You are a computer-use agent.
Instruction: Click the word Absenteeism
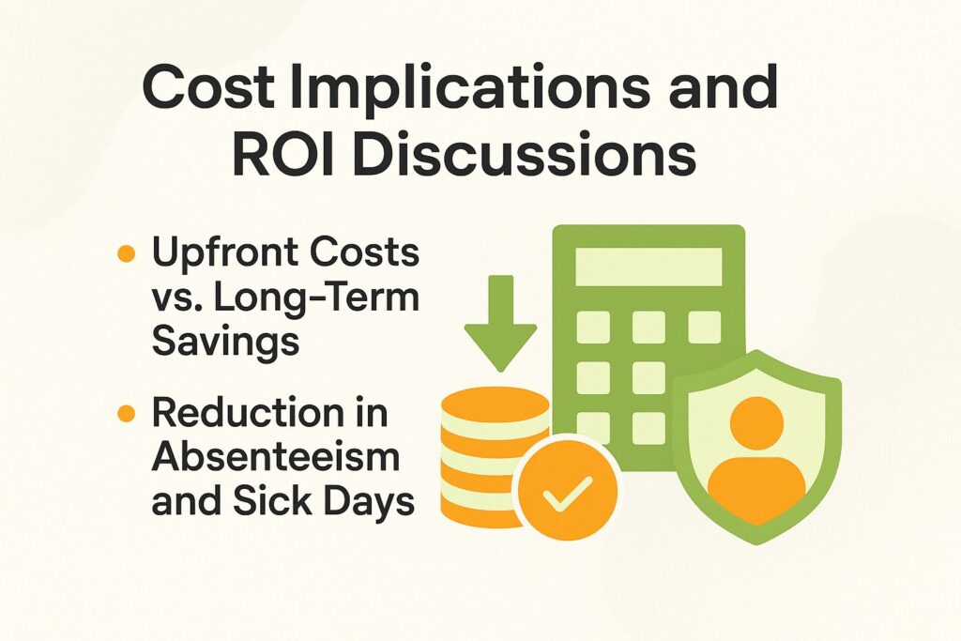(x=275, y=458)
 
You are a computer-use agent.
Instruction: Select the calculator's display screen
(x=648, y=267)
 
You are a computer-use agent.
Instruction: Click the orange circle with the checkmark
(x=568, y=487)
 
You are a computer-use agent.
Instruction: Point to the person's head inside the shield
(x=755, y=423)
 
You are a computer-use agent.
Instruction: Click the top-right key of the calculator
(x=704, y=327)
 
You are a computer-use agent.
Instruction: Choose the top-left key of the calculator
(x=592, y=327)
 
